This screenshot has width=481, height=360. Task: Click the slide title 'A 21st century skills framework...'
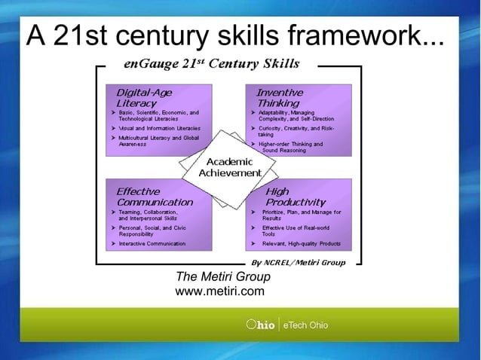(x=234, y=35)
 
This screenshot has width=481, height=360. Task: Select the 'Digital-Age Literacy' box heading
(x=143, y=98)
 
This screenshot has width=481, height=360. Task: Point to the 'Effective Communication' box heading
(x=154, y=197)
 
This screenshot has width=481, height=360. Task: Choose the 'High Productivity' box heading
(x=295, y=197)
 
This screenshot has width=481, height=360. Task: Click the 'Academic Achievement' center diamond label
(x=229, y=168)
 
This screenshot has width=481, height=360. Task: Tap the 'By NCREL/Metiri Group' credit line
(x=298, y=263)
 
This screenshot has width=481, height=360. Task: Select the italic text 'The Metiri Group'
(x=222, y=277)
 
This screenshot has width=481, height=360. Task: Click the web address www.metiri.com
(x=219, y=291)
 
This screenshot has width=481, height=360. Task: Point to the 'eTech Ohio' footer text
(x=305, y=325)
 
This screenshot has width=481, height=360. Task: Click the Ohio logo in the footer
(x=260, y=325)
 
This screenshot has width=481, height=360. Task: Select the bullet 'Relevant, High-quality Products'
(x=301, y=244)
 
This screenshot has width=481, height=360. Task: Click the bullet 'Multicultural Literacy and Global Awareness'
(x=158, y=141)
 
